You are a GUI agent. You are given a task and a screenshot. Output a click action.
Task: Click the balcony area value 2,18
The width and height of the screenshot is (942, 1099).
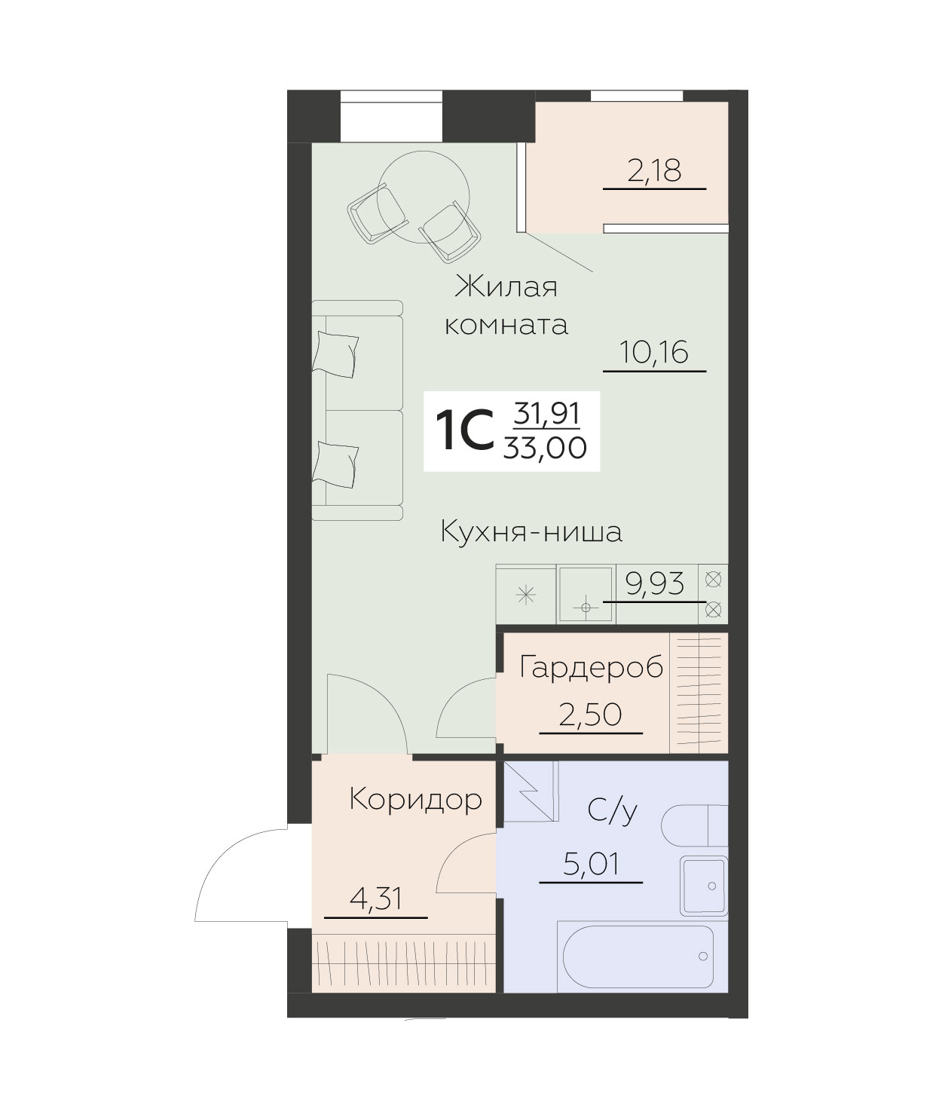[654, 171]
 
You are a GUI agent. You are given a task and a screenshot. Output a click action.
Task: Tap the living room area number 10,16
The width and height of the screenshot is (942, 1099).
[654, 352]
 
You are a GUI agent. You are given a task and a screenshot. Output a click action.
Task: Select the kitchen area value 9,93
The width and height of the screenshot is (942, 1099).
[655, 583]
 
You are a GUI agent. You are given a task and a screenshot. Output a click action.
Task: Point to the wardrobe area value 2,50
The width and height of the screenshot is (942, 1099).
[591, 714]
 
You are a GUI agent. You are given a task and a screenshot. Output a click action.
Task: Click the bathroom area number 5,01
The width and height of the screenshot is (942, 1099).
[591, 864]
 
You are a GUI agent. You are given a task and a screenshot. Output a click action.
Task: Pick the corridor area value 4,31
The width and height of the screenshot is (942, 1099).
[375, 898]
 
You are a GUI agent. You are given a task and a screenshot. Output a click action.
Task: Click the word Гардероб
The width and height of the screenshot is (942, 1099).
[592, 668]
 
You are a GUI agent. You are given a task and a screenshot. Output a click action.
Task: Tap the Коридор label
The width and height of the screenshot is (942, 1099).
[415, 799]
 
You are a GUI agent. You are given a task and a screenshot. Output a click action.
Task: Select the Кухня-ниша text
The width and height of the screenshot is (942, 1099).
[531, 532]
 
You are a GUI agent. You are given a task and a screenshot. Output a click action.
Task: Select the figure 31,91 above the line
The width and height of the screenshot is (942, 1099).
[546, 413]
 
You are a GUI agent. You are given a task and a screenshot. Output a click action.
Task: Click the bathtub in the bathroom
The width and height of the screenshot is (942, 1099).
[635, 956]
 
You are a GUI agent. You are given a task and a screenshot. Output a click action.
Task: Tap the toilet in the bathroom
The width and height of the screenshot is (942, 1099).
[695, 826]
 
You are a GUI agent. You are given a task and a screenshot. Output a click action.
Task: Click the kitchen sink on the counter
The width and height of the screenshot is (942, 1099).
[586, 595]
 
